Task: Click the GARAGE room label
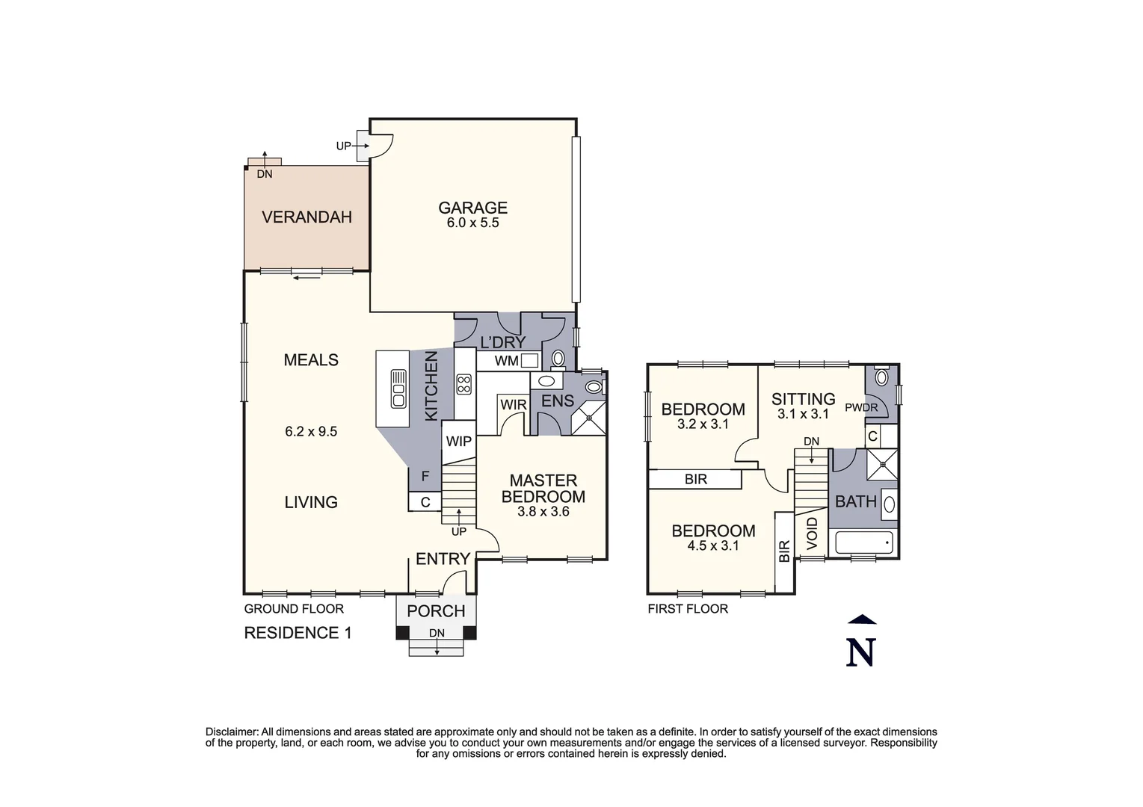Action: coord(472,208)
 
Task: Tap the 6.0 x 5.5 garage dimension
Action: coord(472,223)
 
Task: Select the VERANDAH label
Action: coord(306,217)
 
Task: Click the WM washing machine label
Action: coord(506,362)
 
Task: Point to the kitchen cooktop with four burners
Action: coord(463,385)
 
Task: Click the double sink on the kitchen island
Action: coord(398,389)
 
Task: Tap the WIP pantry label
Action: coord(458,441)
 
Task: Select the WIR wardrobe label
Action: coord(513,405)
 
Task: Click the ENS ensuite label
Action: coord(557,401)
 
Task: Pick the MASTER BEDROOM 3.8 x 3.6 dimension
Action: coord(543,512)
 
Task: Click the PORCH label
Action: coord(436,611)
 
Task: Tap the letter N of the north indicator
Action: coord(860,652)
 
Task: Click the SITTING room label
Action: coord(803,399)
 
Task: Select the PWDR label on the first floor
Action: coord(861,408)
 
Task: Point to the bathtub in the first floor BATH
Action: coord(863,542)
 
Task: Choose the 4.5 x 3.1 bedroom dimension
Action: coord(712,546)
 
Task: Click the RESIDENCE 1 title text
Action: coord(298,633)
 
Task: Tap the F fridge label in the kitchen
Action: coord(425,476)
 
